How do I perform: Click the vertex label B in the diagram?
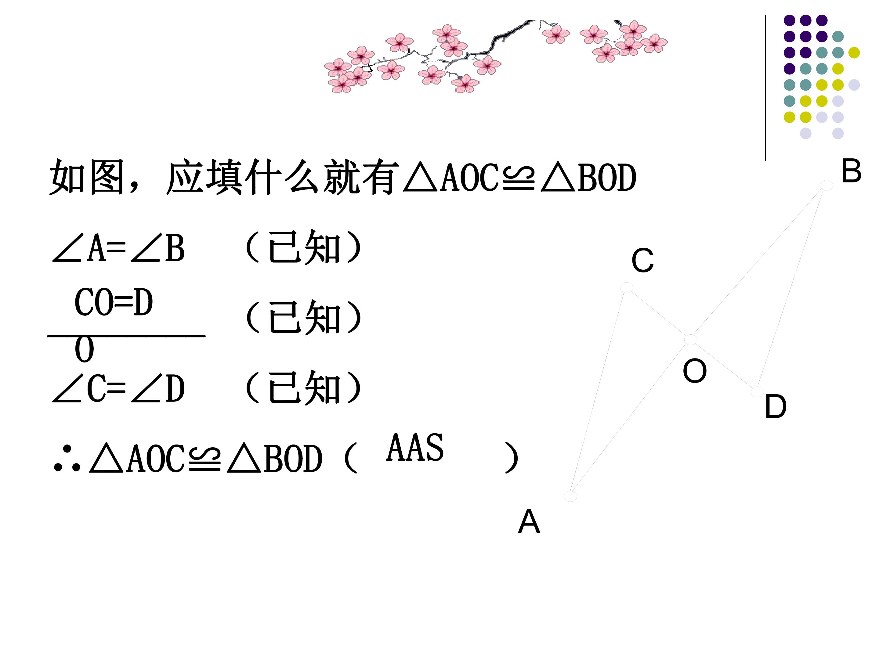[x=851, y=171]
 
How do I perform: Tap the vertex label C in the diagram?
[x=642, y=261]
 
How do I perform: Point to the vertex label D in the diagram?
[x=776, y=406]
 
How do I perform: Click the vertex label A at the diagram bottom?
[x=529, y=521]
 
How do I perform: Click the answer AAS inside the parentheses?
[x=415, y=448]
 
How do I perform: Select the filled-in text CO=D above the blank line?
[x=114, y=302]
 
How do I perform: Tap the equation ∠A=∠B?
[x=118, y=248]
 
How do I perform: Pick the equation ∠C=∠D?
[x=118, y=388]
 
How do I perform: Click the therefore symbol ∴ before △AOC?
[x=67, y=459]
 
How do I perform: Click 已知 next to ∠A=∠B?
[x=304, y=247]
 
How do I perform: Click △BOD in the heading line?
[x=588, y=178]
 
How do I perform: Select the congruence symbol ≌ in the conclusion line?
[x=205, y=459]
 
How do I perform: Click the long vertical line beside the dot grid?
[x=765, y=88]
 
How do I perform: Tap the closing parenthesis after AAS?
[x=512, y=458]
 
